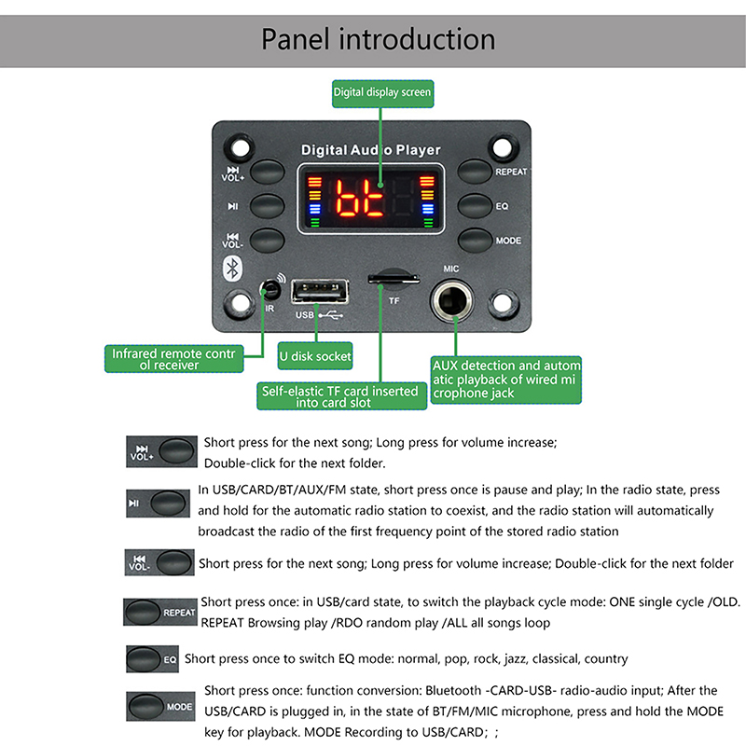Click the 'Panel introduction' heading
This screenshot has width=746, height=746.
[378, 39]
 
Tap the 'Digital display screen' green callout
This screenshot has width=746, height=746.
[382, 92]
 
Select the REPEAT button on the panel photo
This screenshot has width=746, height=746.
[475, 171]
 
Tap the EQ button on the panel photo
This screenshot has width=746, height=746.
[475, 205]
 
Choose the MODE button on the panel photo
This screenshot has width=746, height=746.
[475, 240]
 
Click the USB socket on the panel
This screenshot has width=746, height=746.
[319, 293]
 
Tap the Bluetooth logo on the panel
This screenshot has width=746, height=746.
[235, 267]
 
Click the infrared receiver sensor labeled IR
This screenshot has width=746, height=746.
[270, 288]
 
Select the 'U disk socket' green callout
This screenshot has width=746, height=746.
[315, 356]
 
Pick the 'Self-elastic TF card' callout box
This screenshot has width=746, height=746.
[342, 396]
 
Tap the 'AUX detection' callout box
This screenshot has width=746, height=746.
[506, 380]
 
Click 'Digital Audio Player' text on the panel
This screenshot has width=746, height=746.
[370, 150]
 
